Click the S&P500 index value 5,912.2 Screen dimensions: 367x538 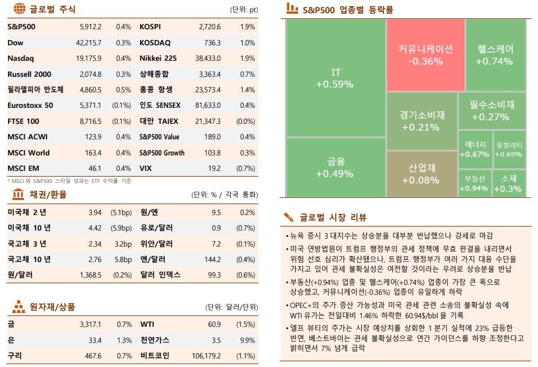90,27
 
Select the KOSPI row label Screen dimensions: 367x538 150,27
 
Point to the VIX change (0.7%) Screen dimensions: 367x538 246,169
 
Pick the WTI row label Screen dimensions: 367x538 147,325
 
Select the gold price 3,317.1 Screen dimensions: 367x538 90,325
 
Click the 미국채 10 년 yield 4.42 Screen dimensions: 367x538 95,228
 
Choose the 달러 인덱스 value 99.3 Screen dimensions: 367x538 214,275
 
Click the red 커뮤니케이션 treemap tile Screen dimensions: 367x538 425,54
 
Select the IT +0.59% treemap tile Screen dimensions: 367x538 335,79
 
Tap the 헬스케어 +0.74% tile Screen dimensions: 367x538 494,54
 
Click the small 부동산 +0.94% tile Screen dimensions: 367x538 474,183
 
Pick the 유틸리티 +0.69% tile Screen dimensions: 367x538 509,149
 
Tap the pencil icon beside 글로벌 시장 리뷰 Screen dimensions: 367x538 289,217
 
